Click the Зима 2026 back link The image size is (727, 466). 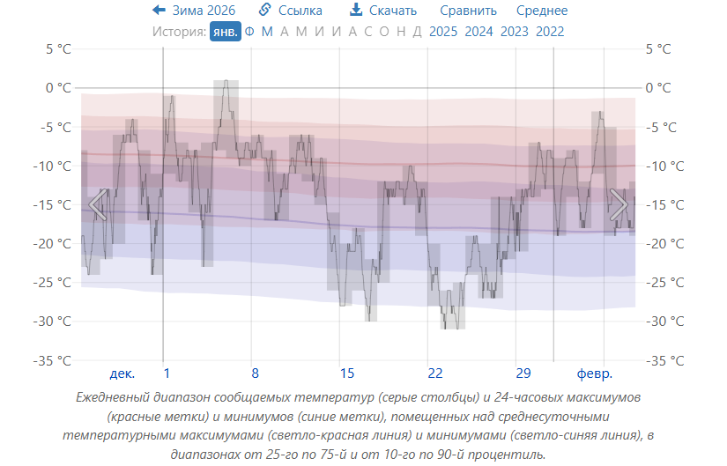click(194, 11)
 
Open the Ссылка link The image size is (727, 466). click(291, 11)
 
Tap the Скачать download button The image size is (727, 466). click(383, 11)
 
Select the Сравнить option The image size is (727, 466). click(469, 11)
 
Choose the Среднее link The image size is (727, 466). click(542, 11)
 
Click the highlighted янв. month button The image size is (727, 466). click(226, 32)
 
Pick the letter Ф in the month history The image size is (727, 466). click(249, 32)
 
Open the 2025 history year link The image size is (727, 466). click(443, 32)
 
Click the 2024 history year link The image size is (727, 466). click(478, 32)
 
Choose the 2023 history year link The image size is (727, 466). click(515, 32)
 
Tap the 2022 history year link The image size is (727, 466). click(550, 32)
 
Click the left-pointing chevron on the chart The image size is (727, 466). click(97, 204)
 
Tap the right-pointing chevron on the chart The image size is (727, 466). click(619, 204)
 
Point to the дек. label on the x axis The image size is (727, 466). click(122, 372)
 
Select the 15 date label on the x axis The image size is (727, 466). click(347, 372)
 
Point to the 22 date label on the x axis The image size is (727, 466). click(435, 372)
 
